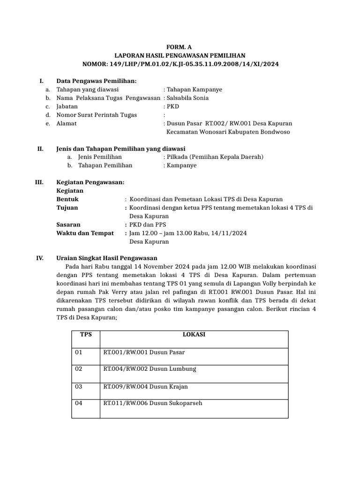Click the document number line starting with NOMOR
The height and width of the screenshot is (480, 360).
click(x=180, y=64)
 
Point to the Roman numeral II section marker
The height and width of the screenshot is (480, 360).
click(x=40, y=149)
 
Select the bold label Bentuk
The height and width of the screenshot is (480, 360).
click(x=67, y=199)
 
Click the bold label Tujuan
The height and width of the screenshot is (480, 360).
click(x=67, y=208)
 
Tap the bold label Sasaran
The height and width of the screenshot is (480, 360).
click(x=68, y=225)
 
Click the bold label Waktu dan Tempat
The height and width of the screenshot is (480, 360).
click(x=85, y=233)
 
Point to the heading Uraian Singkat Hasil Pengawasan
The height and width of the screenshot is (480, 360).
click(x=107, y=258)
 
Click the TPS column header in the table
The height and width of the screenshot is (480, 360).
click(x=86, y=335)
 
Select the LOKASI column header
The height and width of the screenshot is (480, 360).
click(x=194, y=335)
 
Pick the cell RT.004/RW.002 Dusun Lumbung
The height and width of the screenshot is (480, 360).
click(x=150, y=369)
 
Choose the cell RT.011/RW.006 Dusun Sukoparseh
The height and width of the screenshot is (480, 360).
click(x=153, y=403)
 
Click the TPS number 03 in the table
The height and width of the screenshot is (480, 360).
click(x=79, y=386)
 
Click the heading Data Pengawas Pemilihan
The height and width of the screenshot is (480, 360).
click(x=96, y=81)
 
